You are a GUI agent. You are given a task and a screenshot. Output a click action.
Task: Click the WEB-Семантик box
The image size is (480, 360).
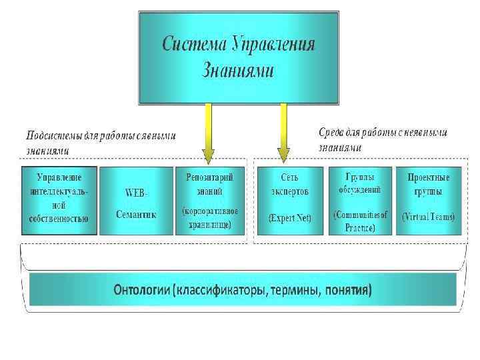[135, 201]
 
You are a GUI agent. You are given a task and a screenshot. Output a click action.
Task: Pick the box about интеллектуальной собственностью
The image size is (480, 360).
[59, 201]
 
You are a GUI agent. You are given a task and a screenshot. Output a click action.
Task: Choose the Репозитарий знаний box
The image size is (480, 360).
[209, 201]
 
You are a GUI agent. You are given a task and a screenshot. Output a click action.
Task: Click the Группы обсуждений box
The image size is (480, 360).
[360, 201]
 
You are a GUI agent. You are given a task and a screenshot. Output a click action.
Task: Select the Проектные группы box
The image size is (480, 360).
[429, 201]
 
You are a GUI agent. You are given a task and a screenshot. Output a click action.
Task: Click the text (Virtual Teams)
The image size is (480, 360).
[429, 217]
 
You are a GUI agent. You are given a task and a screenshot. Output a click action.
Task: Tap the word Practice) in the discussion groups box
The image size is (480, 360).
[360, 228]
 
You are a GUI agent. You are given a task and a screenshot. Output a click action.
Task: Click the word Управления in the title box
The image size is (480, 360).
[273, 45]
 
